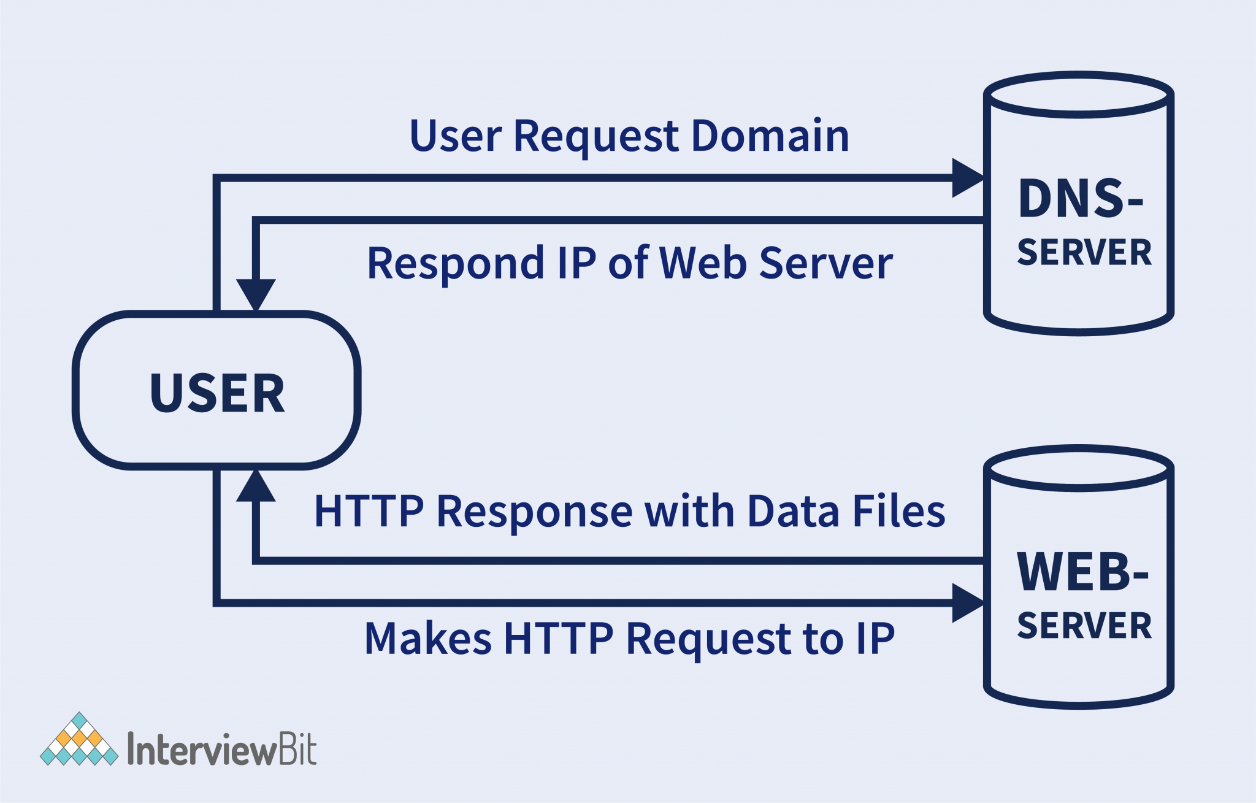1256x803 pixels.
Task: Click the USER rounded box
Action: [216, 391]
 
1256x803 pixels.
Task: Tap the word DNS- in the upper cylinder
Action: [1081, 199]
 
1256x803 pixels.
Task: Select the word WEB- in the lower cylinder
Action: [1082, 572]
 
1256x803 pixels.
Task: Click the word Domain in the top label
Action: [770, 136]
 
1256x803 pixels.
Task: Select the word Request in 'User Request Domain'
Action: [595, 137]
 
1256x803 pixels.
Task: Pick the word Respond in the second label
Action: [455, 264]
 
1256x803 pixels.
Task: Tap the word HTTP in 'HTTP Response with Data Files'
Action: [369, 511]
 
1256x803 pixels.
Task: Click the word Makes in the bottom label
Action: [427, 639]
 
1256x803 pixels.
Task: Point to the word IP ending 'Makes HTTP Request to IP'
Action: [875, 639]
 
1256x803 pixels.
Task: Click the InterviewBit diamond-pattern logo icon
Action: [79, 740]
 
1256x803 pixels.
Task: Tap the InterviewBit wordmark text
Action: [221, 749]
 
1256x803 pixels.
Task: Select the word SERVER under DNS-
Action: [1084, 252]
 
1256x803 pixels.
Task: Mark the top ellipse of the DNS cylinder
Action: [1079, 94]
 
